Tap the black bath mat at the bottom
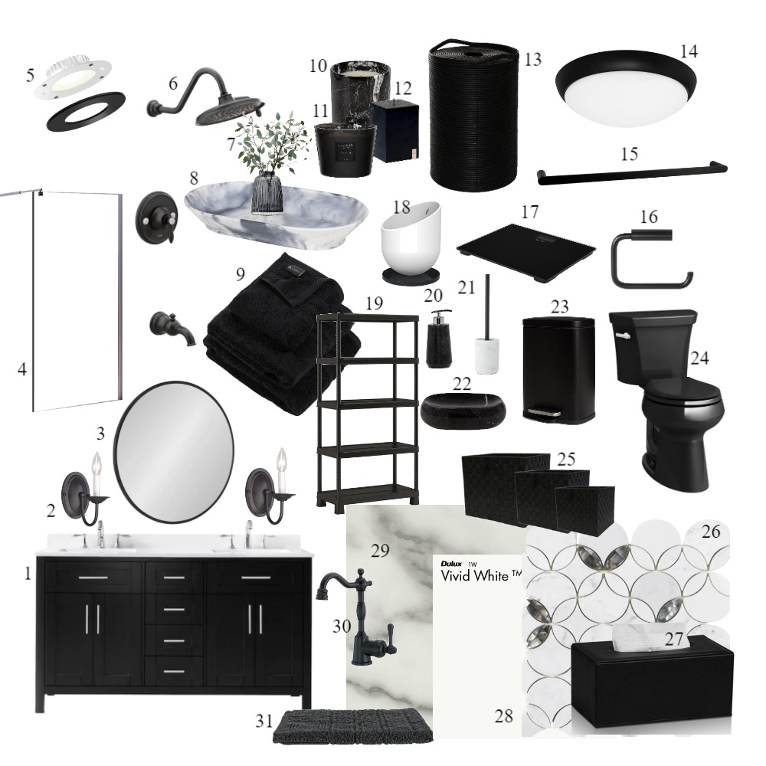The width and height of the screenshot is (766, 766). click(352, 726)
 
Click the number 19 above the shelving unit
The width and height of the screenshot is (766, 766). click(375, 304)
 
